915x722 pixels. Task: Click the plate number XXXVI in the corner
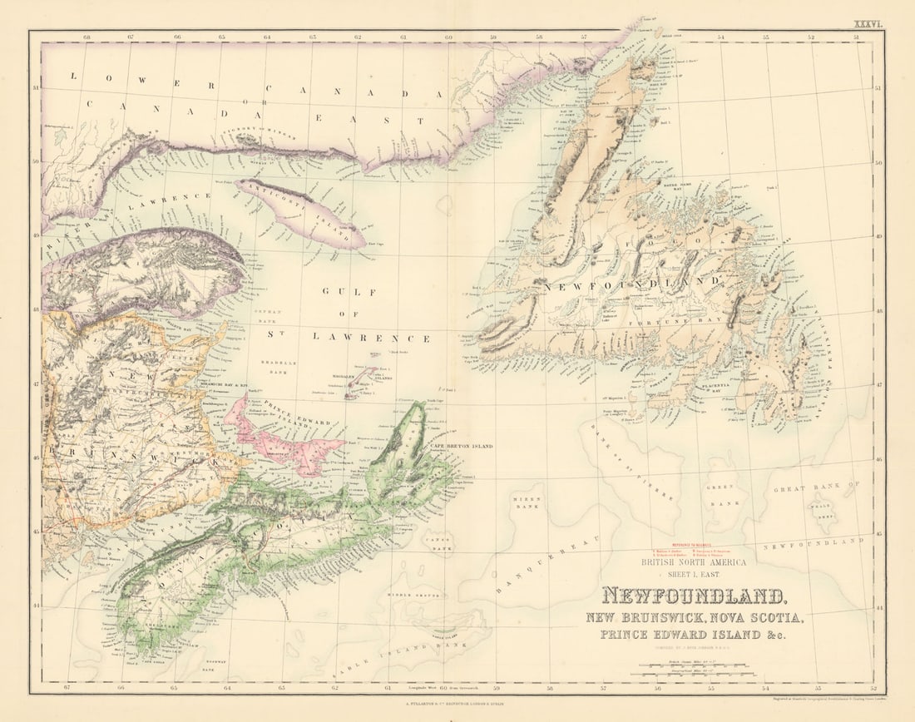click(x=868, y=24)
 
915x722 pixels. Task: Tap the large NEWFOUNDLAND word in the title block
click(x=693, y=597)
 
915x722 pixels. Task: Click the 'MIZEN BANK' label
click(x=528, y=502)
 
